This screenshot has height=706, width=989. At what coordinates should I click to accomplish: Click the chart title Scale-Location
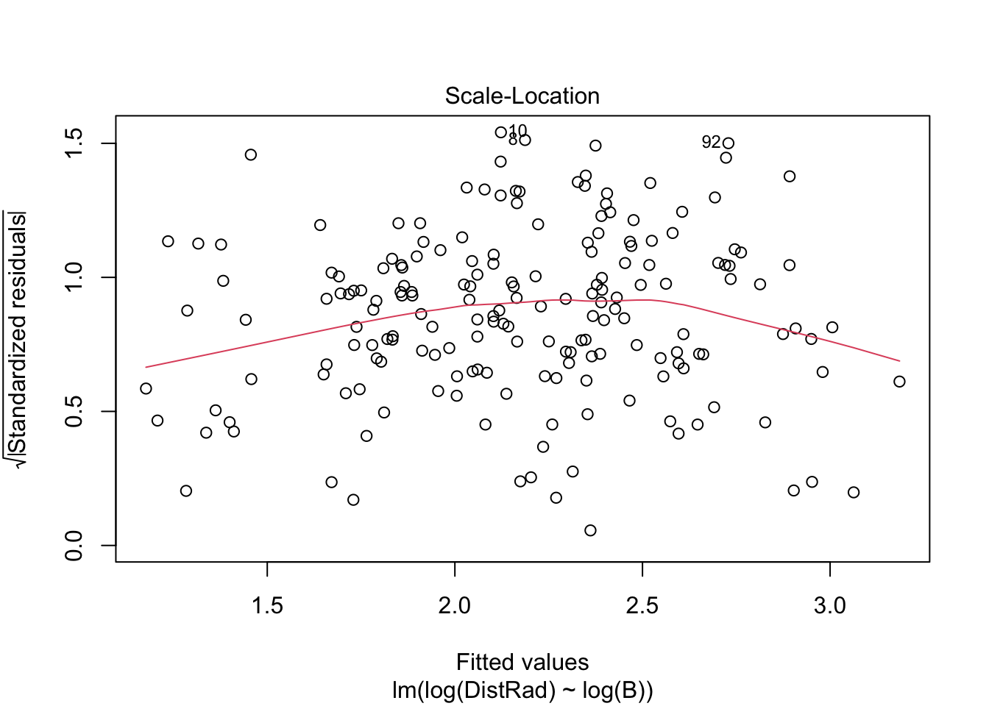click(522, 96)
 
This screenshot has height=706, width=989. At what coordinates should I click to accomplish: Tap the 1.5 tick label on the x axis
click(267, 606)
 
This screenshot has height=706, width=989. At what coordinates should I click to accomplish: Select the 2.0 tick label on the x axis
click(455, 606)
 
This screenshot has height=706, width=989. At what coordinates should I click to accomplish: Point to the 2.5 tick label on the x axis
click(642, 606)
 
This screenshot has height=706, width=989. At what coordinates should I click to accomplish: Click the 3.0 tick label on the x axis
click(830, 606)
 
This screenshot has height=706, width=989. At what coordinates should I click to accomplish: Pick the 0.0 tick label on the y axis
click(74, 545)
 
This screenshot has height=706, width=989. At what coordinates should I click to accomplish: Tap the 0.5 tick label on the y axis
click(74, 411)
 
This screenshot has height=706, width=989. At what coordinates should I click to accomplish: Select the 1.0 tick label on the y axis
click(74, 277)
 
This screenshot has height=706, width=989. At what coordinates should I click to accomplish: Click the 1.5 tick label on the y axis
click(74, 143)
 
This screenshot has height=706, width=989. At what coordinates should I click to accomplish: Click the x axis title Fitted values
click(522, 663)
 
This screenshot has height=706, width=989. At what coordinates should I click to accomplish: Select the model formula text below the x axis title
click(522, 691)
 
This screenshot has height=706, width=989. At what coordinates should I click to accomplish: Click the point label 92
click(711, 142)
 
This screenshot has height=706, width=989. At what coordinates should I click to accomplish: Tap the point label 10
click(517, 131)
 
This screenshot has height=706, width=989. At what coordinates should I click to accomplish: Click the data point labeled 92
click(729, 143)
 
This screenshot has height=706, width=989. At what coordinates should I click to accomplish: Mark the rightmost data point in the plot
click(899, 382)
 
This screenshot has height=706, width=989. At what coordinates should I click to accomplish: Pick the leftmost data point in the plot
click(146, 388)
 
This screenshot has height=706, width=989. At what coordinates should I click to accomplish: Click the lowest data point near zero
click(590, 530)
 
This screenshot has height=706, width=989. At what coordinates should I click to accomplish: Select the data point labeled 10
click(501, 132)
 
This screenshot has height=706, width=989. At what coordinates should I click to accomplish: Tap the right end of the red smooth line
click(899, 361)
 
